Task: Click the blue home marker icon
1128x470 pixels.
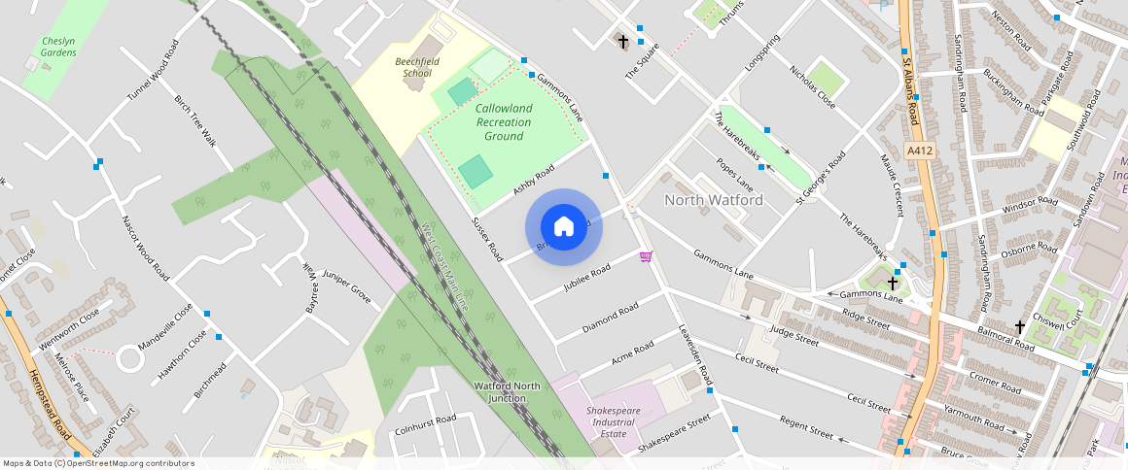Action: [x=564, y=227]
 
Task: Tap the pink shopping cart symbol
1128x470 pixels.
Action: [x=646, y=256]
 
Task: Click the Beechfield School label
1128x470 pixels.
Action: [x=413, y=67]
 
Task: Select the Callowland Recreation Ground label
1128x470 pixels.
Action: [x=504, y=122]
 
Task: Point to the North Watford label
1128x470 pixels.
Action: [x=713, y=200]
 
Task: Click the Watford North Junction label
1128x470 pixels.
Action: [x=507, y=391]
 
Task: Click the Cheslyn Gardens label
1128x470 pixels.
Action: [x=58, y=47]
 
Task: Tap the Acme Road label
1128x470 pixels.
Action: [x=632, y=354]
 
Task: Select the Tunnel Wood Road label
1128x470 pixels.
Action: [x=154, y=70]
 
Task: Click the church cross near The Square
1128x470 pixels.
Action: [x=623, y=42]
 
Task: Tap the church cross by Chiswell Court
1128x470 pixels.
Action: [x=1019, y=327]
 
